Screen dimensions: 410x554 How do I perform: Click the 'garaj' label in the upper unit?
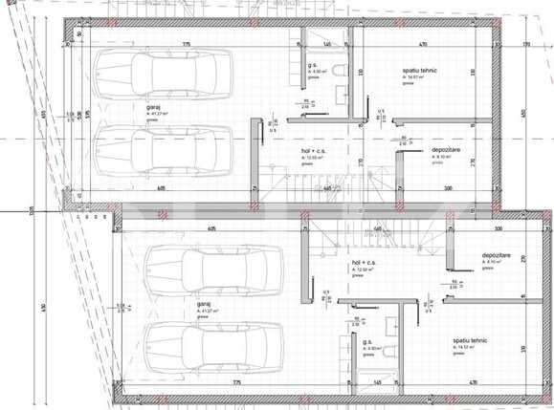(x=152, y=107)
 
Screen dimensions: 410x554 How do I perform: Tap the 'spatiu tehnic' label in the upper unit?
(x=420, y=72)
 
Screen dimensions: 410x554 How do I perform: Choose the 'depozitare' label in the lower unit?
(x=496, y=256)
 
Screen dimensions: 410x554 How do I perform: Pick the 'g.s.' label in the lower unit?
(x=367, y=341)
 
